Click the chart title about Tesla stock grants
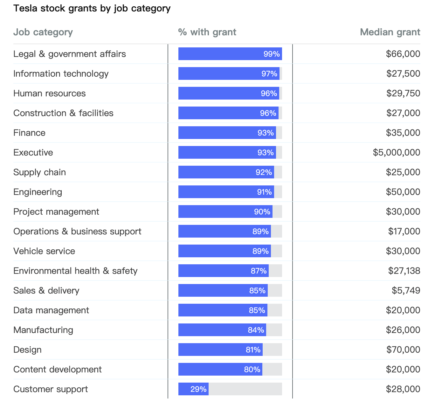92,9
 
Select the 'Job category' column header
43,32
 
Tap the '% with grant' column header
207,32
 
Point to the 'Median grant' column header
390,32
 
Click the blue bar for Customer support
193,389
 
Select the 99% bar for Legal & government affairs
230,54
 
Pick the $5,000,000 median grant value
397,152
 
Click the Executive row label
33,152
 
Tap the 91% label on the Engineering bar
264,192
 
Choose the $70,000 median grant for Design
403,350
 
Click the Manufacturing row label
43,330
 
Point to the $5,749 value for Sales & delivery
406,290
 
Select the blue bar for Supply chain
226,172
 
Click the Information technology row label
61,73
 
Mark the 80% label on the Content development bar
252,369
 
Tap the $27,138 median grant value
404,271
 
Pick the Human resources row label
49,93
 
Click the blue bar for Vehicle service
224,251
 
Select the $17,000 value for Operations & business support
404,231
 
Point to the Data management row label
51,310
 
